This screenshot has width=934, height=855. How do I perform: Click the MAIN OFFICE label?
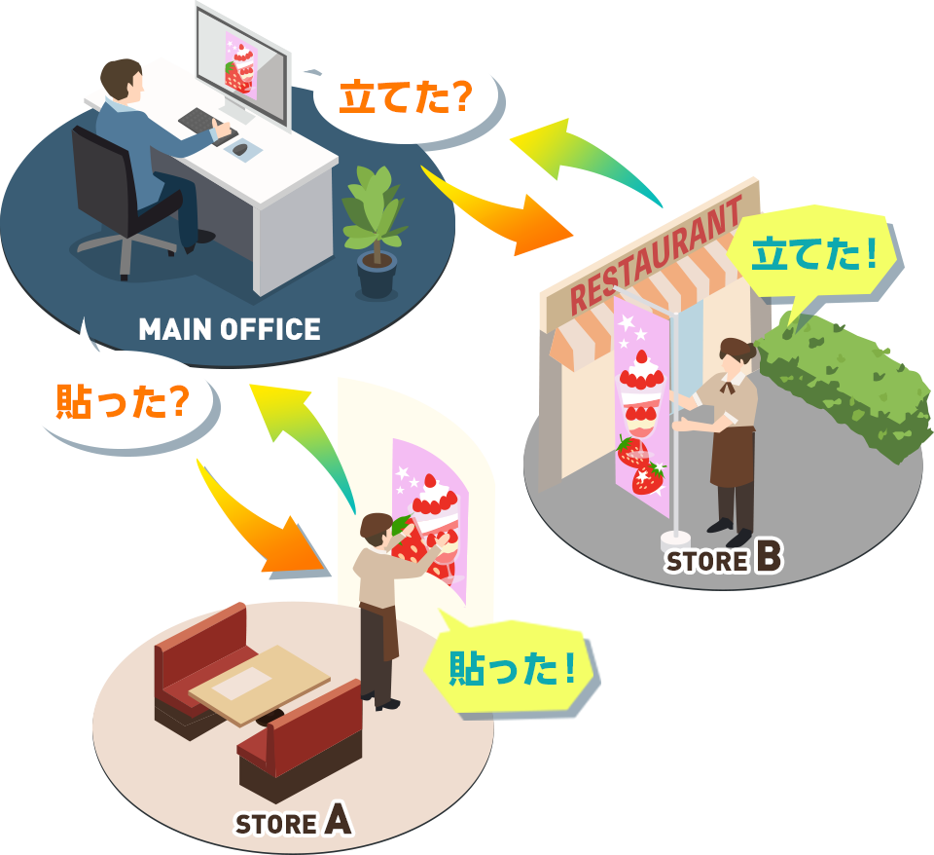(x=230, y=329)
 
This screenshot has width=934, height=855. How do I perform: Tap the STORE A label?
(x=293, y=823)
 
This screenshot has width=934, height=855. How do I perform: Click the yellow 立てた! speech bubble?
(x=815, y=255)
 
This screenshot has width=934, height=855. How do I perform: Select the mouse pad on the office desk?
(x=241, y=150)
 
